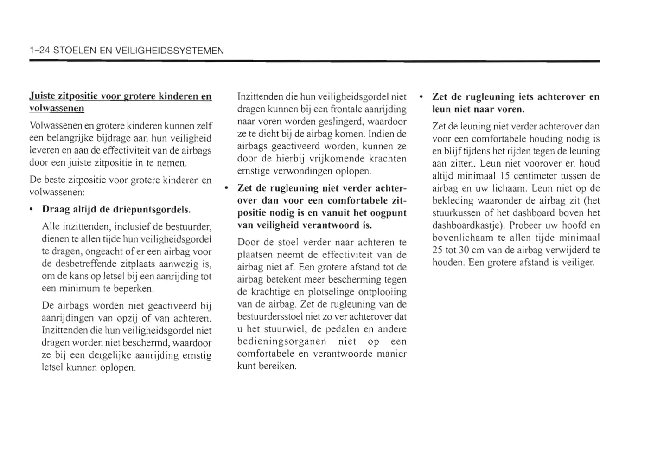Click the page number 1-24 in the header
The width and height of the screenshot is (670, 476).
click(x=39, y=51)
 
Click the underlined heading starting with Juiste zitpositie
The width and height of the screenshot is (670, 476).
click(x=120, y=102)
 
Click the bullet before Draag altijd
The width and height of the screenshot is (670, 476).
click(x=31, y=210)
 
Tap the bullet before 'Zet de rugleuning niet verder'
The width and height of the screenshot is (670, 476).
click(x=226, y=188)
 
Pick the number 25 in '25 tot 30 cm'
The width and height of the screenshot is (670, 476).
click(x=437, y=250)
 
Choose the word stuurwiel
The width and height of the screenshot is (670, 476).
click(x=283, y=329)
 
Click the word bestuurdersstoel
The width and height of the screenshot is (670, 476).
click(x=270, y=317)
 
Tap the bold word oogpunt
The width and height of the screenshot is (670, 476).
click(x=389, y=213)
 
